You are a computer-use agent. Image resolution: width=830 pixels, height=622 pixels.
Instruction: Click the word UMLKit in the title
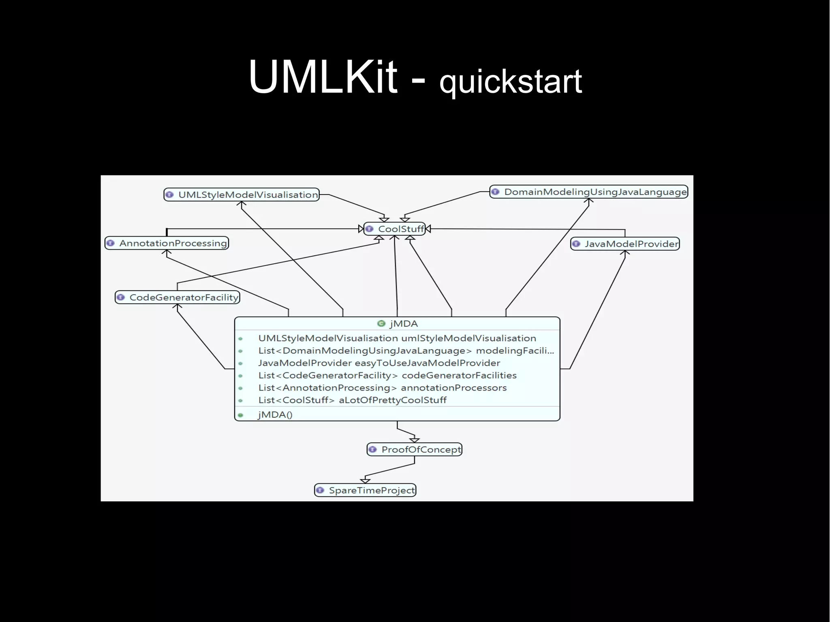323,77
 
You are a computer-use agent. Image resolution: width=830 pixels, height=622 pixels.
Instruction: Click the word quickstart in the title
511,82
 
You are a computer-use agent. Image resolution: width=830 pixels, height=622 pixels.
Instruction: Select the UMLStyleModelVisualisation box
242,195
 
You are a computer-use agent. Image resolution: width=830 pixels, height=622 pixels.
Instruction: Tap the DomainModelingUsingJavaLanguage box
589,192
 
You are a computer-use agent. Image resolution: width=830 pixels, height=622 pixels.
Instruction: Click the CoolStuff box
395,229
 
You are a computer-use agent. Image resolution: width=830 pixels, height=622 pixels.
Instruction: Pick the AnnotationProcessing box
167,243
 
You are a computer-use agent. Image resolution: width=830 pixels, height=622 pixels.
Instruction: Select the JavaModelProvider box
625,244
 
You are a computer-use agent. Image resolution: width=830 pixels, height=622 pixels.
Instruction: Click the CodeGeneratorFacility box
178,297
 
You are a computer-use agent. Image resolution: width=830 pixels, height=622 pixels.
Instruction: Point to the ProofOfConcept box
415,449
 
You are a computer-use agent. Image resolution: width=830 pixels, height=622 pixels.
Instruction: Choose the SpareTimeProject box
366,490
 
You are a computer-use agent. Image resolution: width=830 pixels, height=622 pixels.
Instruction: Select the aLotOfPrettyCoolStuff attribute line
352,400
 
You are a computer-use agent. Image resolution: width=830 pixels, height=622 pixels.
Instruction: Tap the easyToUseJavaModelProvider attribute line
379,363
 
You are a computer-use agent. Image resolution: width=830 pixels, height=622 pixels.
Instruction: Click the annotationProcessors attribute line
382,388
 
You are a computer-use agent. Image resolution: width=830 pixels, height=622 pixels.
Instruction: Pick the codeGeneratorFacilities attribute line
387,376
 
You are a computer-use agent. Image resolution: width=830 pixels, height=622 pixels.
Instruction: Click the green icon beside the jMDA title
381,323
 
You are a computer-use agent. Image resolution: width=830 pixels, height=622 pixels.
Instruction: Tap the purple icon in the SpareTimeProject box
320,490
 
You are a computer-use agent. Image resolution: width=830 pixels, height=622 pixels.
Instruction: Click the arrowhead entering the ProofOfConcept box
414,440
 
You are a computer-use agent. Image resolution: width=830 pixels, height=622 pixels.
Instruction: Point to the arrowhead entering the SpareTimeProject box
365,481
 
